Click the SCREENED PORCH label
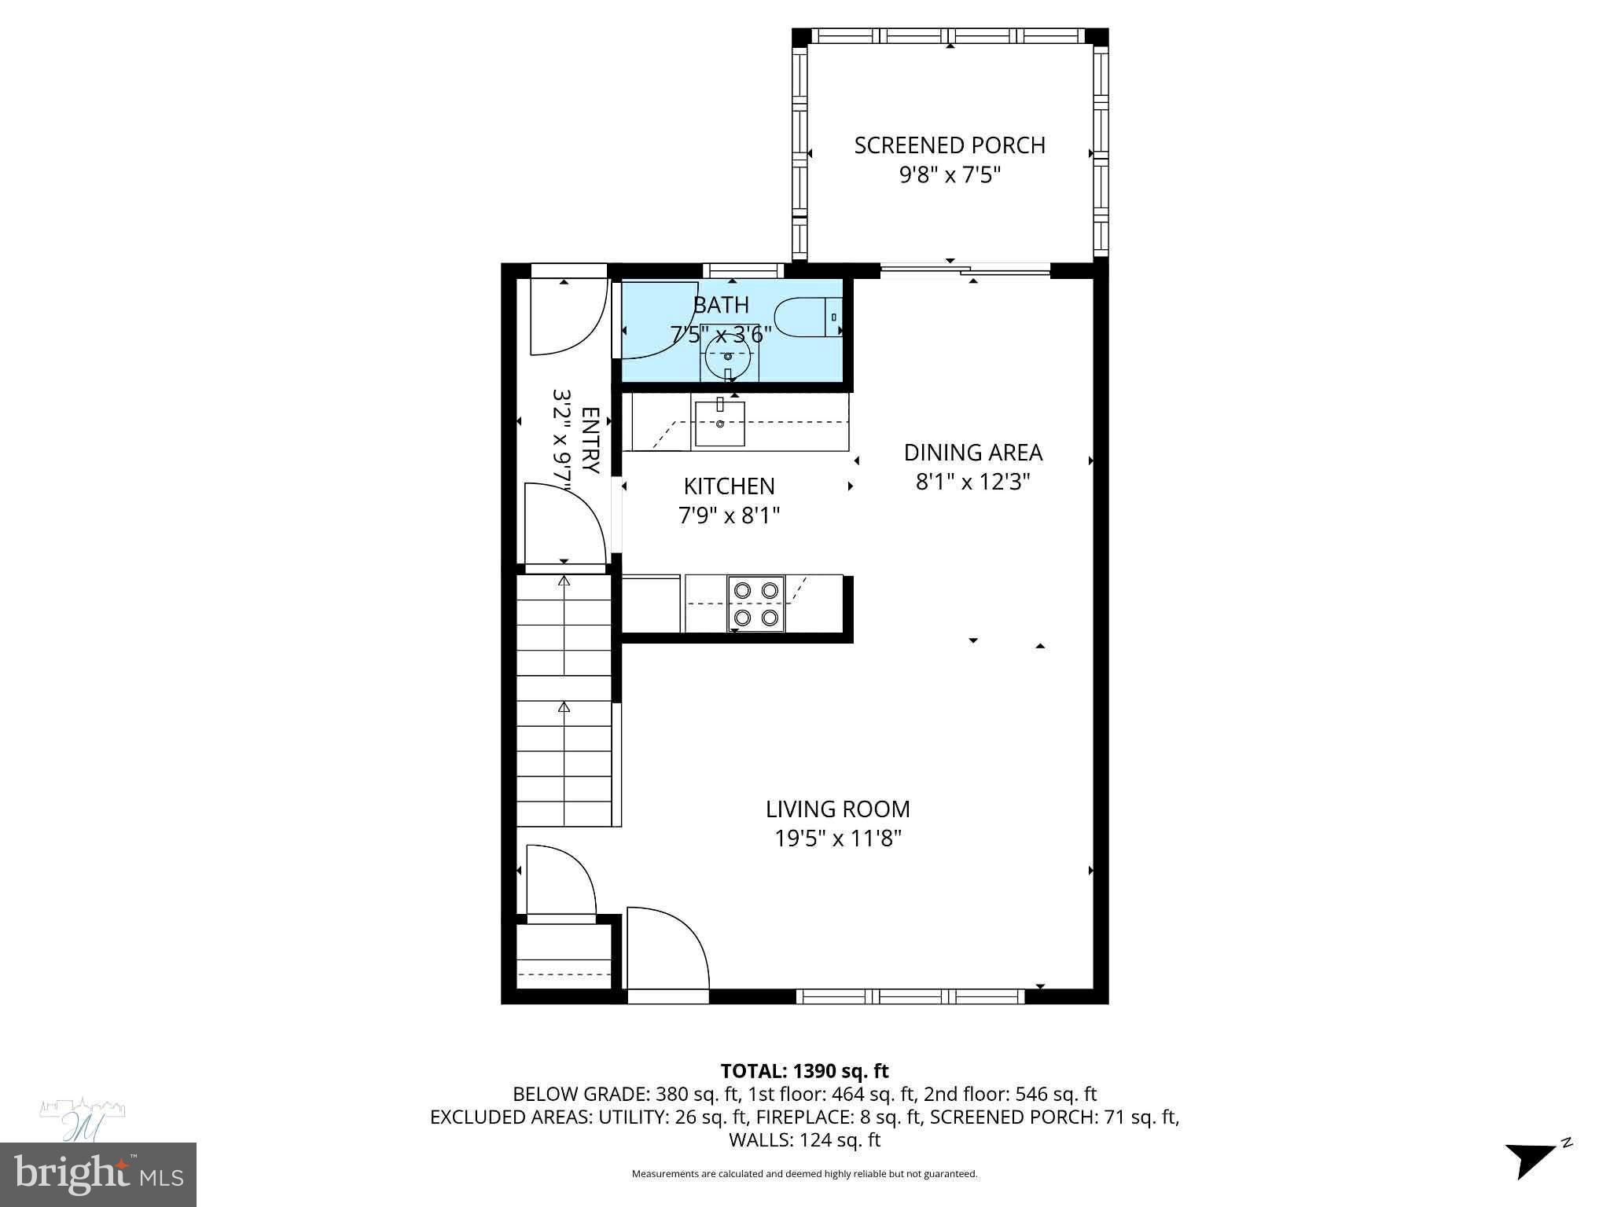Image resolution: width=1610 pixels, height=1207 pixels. click(x=949, y=145)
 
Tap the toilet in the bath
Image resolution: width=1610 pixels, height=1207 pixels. click(x=805, y=318)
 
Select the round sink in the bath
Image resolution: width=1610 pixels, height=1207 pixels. click(x=728, y=355)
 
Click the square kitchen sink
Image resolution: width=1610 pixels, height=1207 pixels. click(x=719, y=424)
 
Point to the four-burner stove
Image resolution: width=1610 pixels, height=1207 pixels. click(x=755, y=603)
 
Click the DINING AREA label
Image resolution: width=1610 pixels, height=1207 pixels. click(x=972, y=453)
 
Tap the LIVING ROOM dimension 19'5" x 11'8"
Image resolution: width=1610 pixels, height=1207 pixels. click(x=837, y=838)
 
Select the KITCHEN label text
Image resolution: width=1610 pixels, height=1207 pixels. click(x=729, y=486)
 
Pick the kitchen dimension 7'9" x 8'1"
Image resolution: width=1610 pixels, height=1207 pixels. click(x=729, y=515)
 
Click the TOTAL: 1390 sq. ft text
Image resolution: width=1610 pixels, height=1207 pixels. click(x=804, y=1070)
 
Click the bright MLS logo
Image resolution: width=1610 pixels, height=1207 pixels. click(x=98, y=1174)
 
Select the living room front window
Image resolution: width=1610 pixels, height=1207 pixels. click(x=910, y=996)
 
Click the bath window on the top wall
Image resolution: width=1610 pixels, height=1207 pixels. click(x=743, y=270)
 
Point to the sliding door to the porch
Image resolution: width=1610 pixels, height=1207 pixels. click(x=965, y=271)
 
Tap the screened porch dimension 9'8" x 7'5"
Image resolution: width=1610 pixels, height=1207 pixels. click(x=949, y=174)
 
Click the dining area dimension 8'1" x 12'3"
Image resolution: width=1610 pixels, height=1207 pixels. click(x=972, y=482)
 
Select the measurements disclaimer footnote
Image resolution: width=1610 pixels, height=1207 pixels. click(x=804, y=1174)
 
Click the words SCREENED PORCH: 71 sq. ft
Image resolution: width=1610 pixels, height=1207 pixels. click(x=1053, y=1117)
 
